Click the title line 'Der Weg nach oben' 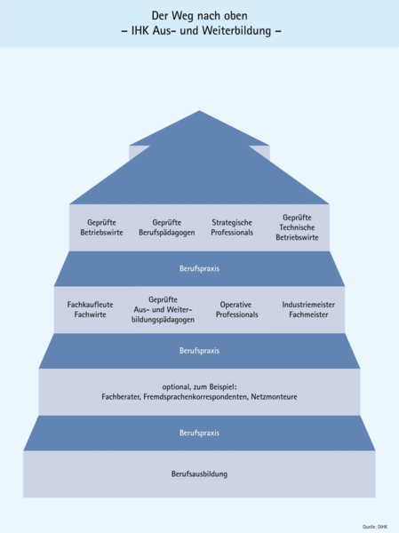(x=199, y=16)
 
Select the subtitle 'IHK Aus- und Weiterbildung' (x=201, y=30)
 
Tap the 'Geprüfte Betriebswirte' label (x=101, y=227)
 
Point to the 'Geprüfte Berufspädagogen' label (x=167, y=227)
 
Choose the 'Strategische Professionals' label (x=232, y=227)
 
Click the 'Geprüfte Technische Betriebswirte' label (x=297, y=227)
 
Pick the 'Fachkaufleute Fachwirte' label (x=90, y=309)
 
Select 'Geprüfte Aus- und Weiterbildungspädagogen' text (x=163, y=310)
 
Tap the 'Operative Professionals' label (x=236, y=310)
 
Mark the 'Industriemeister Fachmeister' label (x=308, y=309)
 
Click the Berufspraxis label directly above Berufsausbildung (x=199, y=433)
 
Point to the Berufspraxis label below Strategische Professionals (x=199, y=268)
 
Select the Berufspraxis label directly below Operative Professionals (x=199, y=351)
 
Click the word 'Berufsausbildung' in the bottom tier (x=199, y=473)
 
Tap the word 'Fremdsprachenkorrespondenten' (x=196, y=397)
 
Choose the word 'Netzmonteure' (x=275, y=397)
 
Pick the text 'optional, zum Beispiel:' (x=199, y=387)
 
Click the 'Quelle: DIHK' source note (x=375, y=527)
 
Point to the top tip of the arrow (x=199, y=110)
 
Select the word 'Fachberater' (x=121, y=397)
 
